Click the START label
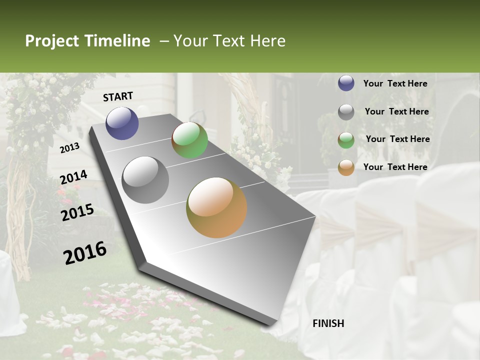point(118,96)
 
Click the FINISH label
point(328,323)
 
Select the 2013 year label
point(69,147)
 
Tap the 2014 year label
point(73,177)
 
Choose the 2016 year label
point(85,252)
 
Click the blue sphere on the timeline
point(122,123)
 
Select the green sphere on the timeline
point(189,140)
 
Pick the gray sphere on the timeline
point(145,179)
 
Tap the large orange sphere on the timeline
point(216,207)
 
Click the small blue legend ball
point(346,83)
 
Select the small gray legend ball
point(346,112)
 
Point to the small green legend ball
point(346,140)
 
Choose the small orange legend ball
point(346,167)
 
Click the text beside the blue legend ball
point(395,83)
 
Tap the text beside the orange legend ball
point(395,167)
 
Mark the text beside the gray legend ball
point(396,111)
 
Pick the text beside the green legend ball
point(397,139)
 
